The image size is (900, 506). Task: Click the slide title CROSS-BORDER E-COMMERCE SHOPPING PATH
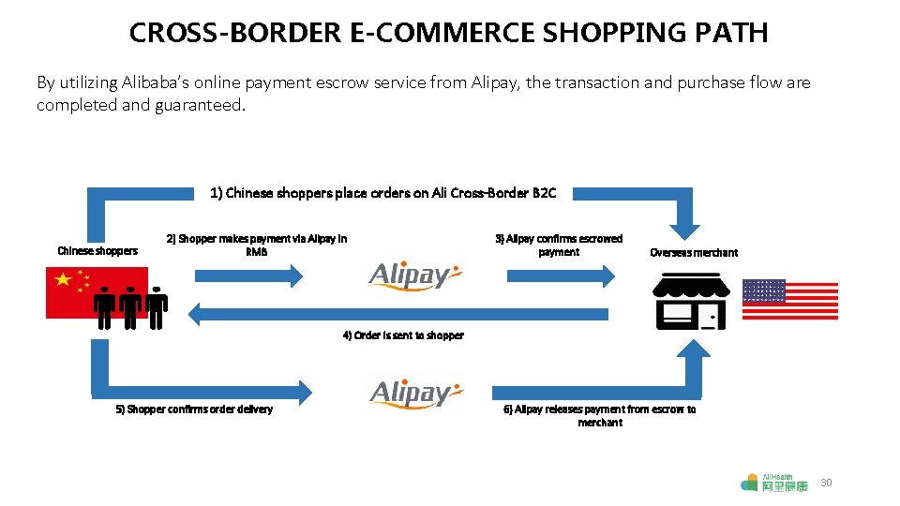click(x=448, y=34)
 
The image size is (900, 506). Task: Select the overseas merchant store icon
click(x=690, y=301)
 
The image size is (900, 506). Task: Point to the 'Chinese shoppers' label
click(x=97, y=251)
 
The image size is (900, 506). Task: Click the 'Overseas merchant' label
click(x=693, y=252)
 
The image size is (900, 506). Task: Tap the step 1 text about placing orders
click(x=382, y=193)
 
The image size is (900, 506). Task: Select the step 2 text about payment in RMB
click(x=256, y=246)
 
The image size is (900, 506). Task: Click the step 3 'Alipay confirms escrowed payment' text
click(x=559, y=246)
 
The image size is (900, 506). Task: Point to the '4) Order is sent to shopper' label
click(x=403, y=335)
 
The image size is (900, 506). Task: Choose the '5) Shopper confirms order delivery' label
click(x=194, y=409)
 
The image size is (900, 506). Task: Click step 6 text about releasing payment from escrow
click(x=600, y=416)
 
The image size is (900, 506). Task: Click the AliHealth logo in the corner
click(x=773, y=483)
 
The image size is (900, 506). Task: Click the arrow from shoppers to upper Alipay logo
click(x=248, y=275)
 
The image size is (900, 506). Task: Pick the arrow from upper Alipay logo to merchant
click(x=561, y=275)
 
